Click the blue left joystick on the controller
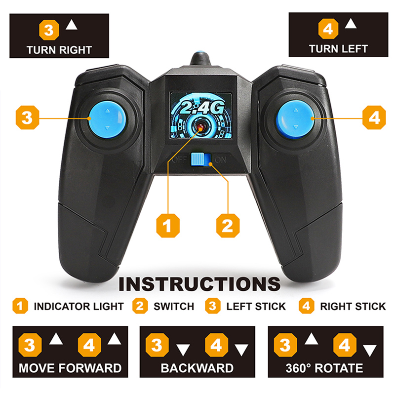107,119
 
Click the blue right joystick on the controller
295,118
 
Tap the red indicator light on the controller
201,127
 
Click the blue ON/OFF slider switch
201,159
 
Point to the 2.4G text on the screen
202,108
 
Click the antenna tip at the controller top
201,53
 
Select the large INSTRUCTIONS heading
199,284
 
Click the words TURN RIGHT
59,50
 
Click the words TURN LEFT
338,49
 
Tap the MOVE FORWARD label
70,368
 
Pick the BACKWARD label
197,368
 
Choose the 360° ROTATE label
324,368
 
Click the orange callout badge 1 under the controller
168,226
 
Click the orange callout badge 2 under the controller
228,226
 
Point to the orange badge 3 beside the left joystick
27,118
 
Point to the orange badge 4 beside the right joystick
374,118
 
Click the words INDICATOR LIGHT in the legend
79,306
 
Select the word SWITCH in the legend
174,306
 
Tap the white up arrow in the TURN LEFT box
351,23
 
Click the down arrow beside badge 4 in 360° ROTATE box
369,351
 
